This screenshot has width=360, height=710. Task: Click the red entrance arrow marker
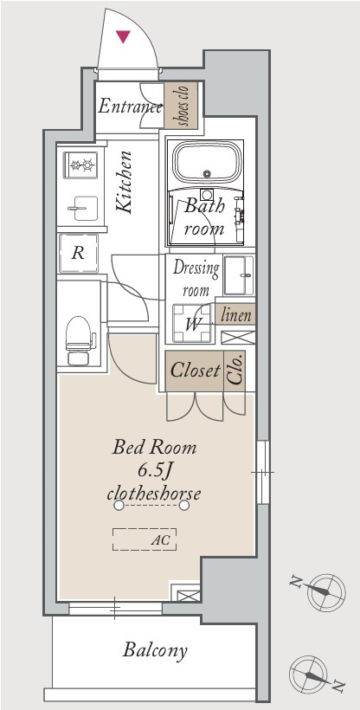point(123,36)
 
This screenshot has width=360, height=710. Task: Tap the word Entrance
point(130,106)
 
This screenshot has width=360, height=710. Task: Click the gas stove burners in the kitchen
point(80,165)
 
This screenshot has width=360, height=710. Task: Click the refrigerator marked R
point(78,253)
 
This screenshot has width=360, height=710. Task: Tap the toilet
point(79,340)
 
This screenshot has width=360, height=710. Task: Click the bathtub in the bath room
point(208,163)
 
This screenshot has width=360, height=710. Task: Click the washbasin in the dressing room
point(239,275)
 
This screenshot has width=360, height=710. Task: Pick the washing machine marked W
point(192,323)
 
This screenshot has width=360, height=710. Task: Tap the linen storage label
point(235,314)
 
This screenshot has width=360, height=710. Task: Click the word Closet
point(196,371)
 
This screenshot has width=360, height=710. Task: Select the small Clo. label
point(235,370)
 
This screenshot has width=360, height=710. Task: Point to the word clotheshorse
point(154,493)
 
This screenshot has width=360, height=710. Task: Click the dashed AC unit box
point(145,539)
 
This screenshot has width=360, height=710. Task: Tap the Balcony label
point(155,651)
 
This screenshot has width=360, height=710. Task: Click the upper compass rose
point(326,592)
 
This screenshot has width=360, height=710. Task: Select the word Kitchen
point(124,183)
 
